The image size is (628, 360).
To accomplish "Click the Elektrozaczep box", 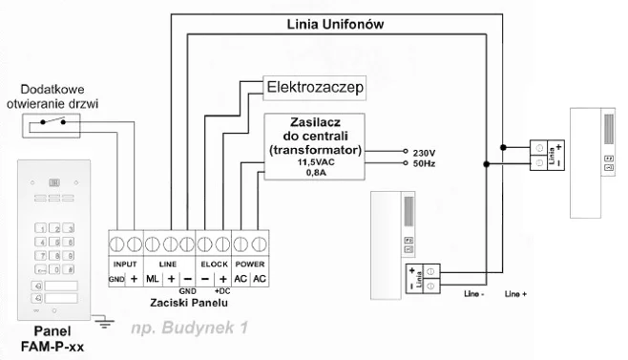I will pyautogui.click(x=314, y=89).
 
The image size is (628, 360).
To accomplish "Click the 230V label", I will pyautogui.click(x=423, y=152).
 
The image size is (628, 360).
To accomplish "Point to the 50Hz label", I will pyautogui.click(x=423, y=164).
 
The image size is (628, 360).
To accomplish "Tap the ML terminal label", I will pyautogui.click(x=152, y=277).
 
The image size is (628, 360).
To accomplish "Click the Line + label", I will pyautogui.click(x=515, y=293).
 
